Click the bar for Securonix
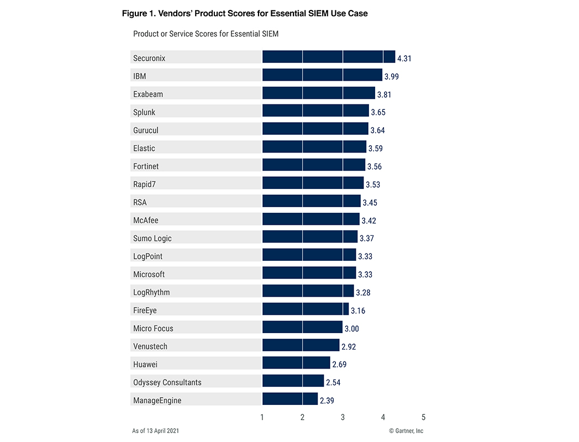[x=329, y=57]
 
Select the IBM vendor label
[x=140, y=76]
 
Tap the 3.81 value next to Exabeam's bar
[x=384, y=94]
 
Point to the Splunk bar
[x=315, y=111]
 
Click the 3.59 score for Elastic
[x=376, y=149]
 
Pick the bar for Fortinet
[x=314, y=165]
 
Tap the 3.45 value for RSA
[x=370, y=203]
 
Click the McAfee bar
[x=311, y=219]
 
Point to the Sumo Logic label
[x=152, y=239]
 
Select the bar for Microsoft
[x=309, y=273]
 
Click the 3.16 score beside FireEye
[x=358, y=311]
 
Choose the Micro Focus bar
[x=302, y=328]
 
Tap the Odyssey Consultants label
[x=167, y=382]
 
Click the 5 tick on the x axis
[x=423, y=417]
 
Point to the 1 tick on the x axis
[x=262, y=417]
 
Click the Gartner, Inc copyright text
[x=406, y=431]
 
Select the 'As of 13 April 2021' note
[x=156, y=431]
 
